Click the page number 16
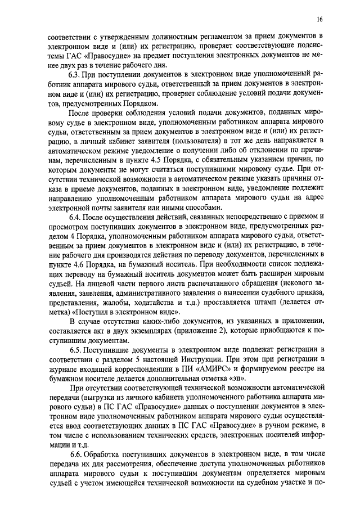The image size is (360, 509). click(x=319, y=19)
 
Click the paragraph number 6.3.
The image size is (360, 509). click(x=74, y=74)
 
